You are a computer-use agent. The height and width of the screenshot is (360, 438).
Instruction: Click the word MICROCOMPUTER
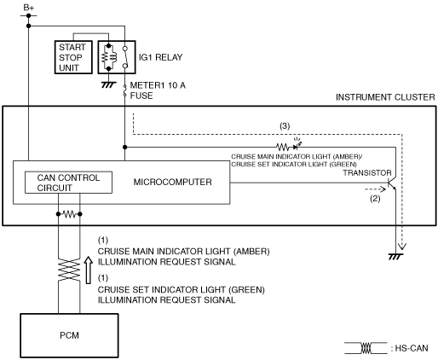[172, 182]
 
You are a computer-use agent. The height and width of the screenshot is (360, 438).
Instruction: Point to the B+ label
[28, 8]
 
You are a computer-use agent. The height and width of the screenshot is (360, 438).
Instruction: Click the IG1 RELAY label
[160, 57]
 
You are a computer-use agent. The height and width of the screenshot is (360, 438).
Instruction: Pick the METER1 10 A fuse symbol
[124, 90]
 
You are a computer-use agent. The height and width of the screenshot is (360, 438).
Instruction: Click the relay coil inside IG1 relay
[109, 57]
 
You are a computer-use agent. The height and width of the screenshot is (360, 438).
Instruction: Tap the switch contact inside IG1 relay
[125, 57]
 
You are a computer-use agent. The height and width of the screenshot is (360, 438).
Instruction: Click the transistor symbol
[392, 184]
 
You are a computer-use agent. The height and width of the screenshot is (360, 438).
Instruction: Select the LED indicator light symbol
[297, 145]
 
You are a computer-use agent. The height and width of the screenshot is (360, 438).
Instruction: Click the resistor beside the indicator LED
[282, 147]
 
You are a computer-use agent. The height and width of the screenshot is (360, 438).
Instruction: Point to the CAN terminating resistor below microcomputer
[69, 214]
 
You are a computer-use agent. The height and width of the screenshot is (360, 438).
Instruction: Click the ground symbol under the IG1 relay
[108, 84]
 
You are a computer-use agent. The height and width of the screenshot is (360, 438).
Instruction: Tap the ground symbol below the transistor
[395, 257]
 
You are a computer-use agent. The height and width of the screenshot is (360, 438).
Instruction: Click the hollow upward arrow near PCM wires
[89, 270]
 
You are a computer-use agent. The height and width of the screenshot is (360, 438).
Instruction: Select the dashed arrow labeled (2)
[375, 189]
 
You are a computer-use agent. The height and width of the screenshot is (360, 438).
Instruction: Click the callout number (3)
[285, 126]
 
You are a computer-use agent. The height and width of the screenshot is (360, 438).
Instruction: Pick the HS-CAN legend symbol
[366, 348]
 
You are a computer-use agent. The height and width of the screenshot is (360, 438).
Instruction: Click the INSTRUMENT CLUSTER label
[385, 97]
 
